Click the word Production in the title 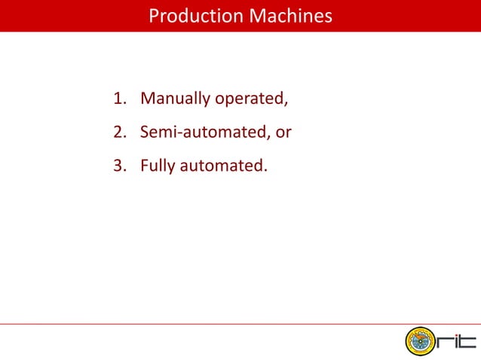click(189, 16)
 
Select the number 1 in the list click(117, 99)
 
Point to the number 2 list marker click(117, 133)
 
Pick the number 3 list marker click(117, 166)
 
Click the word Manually click(176, 99)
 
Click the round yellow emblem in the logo click(418, 343)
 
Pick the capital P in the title click(153, 16)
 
